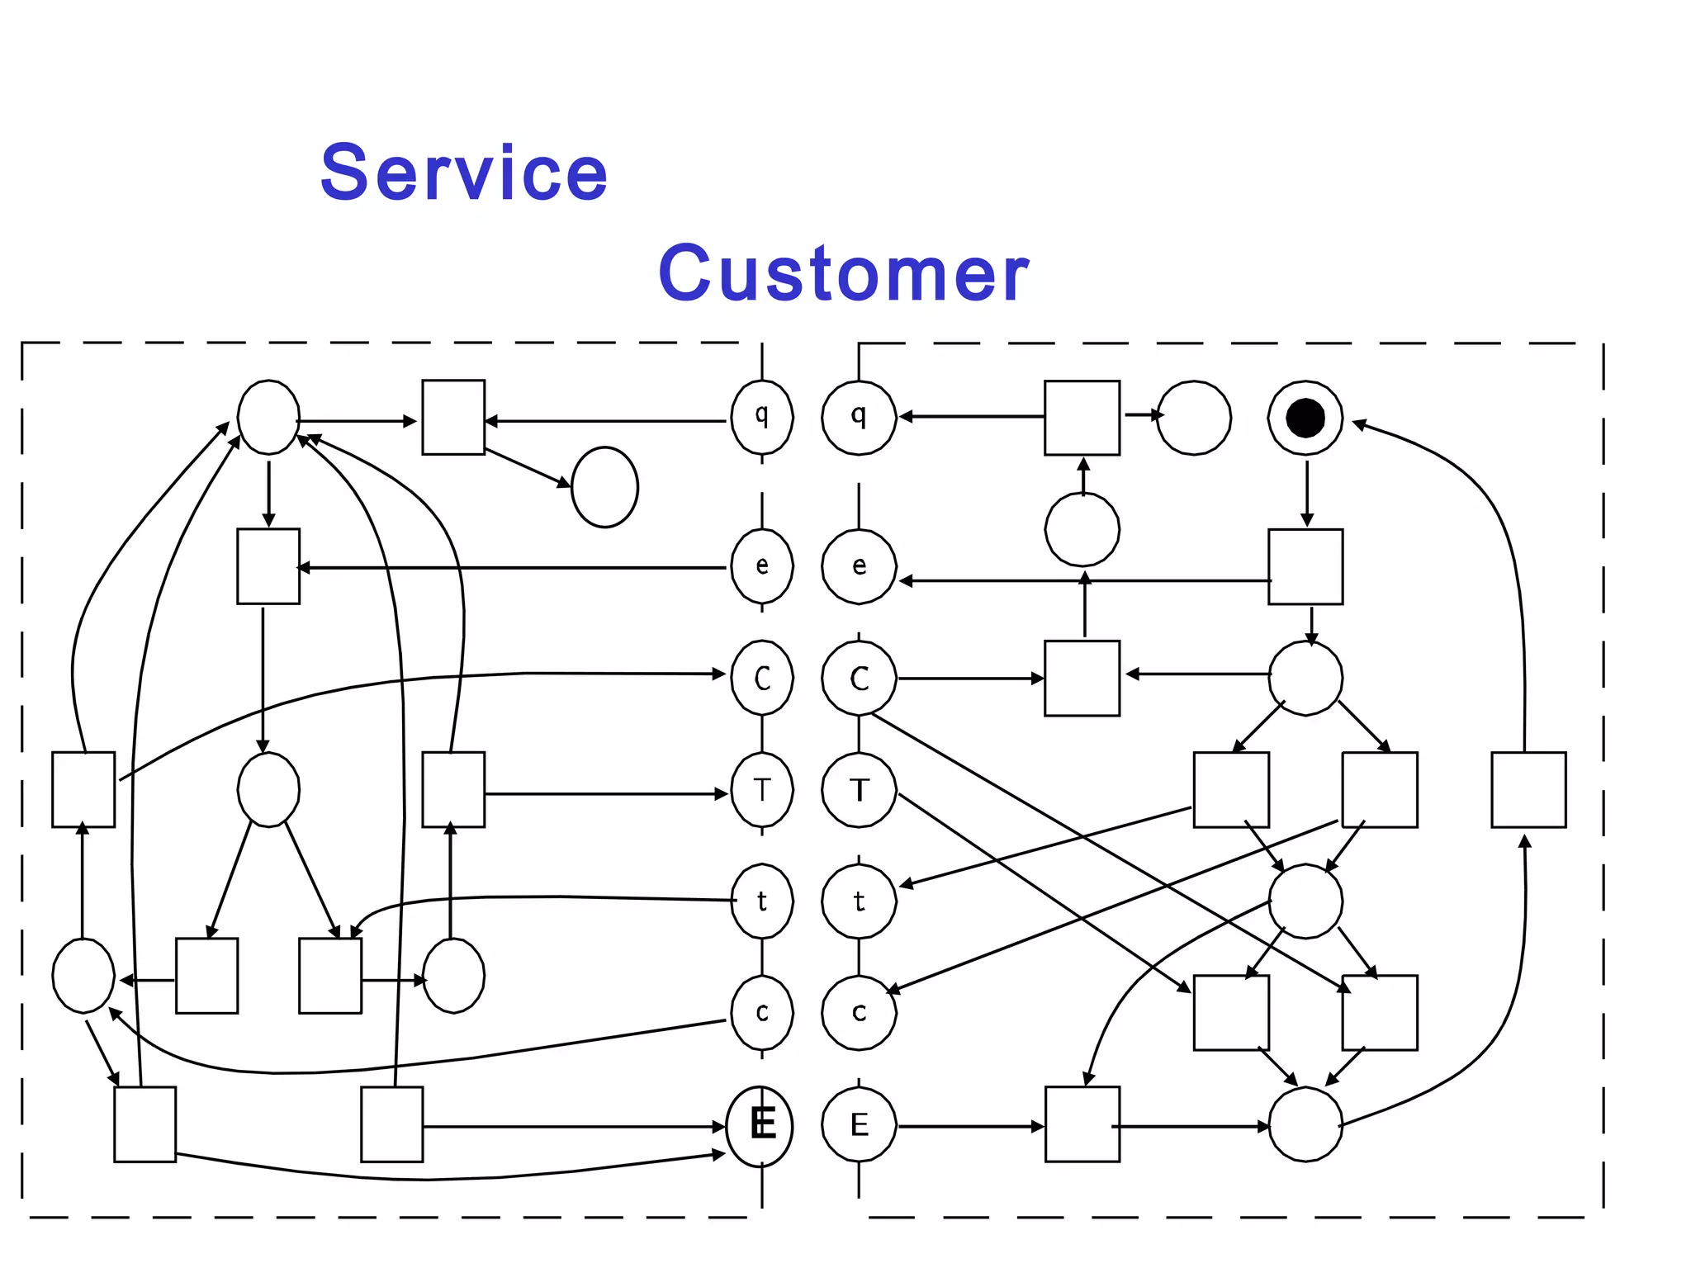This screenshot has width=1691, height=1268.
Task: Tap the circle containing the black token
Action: (x=1305, y=418)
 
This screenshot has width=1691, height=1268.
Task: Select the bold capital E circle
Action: (x=760, y=1125)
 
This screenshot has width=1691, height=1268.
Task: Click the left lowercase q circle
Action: (x=762, y=417)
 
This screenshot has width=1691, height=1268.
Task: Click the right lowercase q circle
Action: (x=859, y=417)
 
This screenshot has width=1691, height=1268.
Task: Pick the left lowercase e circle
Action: (x=762, y=566)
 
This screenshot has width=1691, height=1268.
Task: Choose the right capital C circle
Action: (x=859, y=679)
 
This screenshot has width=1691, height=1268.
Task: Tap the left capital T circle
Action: (x=762, y=790)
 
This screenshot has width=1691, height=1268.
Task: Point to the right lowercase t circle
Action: (x=859, y=901)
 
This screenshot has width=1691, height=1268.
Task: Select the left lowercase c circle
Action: (x=762, y=1013)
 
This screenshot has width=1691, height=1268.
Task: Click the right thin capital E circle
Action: (x=859, y=1124)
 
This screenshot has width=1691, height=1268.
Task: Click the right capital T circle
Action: (x=859, y=790)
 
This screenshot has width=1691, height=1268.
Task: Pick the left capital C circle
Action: (x=762, y=679)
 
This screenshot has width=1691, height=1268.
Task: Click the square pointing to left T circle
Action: (x=453, y=789)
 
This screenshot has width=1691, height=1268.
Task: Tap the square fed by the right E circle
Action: (x=1082, y=1124)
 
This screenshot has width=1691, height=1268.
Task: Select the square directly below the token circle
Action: (x=1305, y=567)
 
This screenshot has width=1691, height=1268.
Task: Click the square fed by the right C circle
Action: (x=1082, y=678)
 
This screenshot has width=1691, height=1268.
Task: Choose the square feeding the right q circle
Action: (x=1082, y=418)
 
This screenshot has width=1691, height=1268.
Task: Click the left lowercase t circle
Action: (x=762, y=901)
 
